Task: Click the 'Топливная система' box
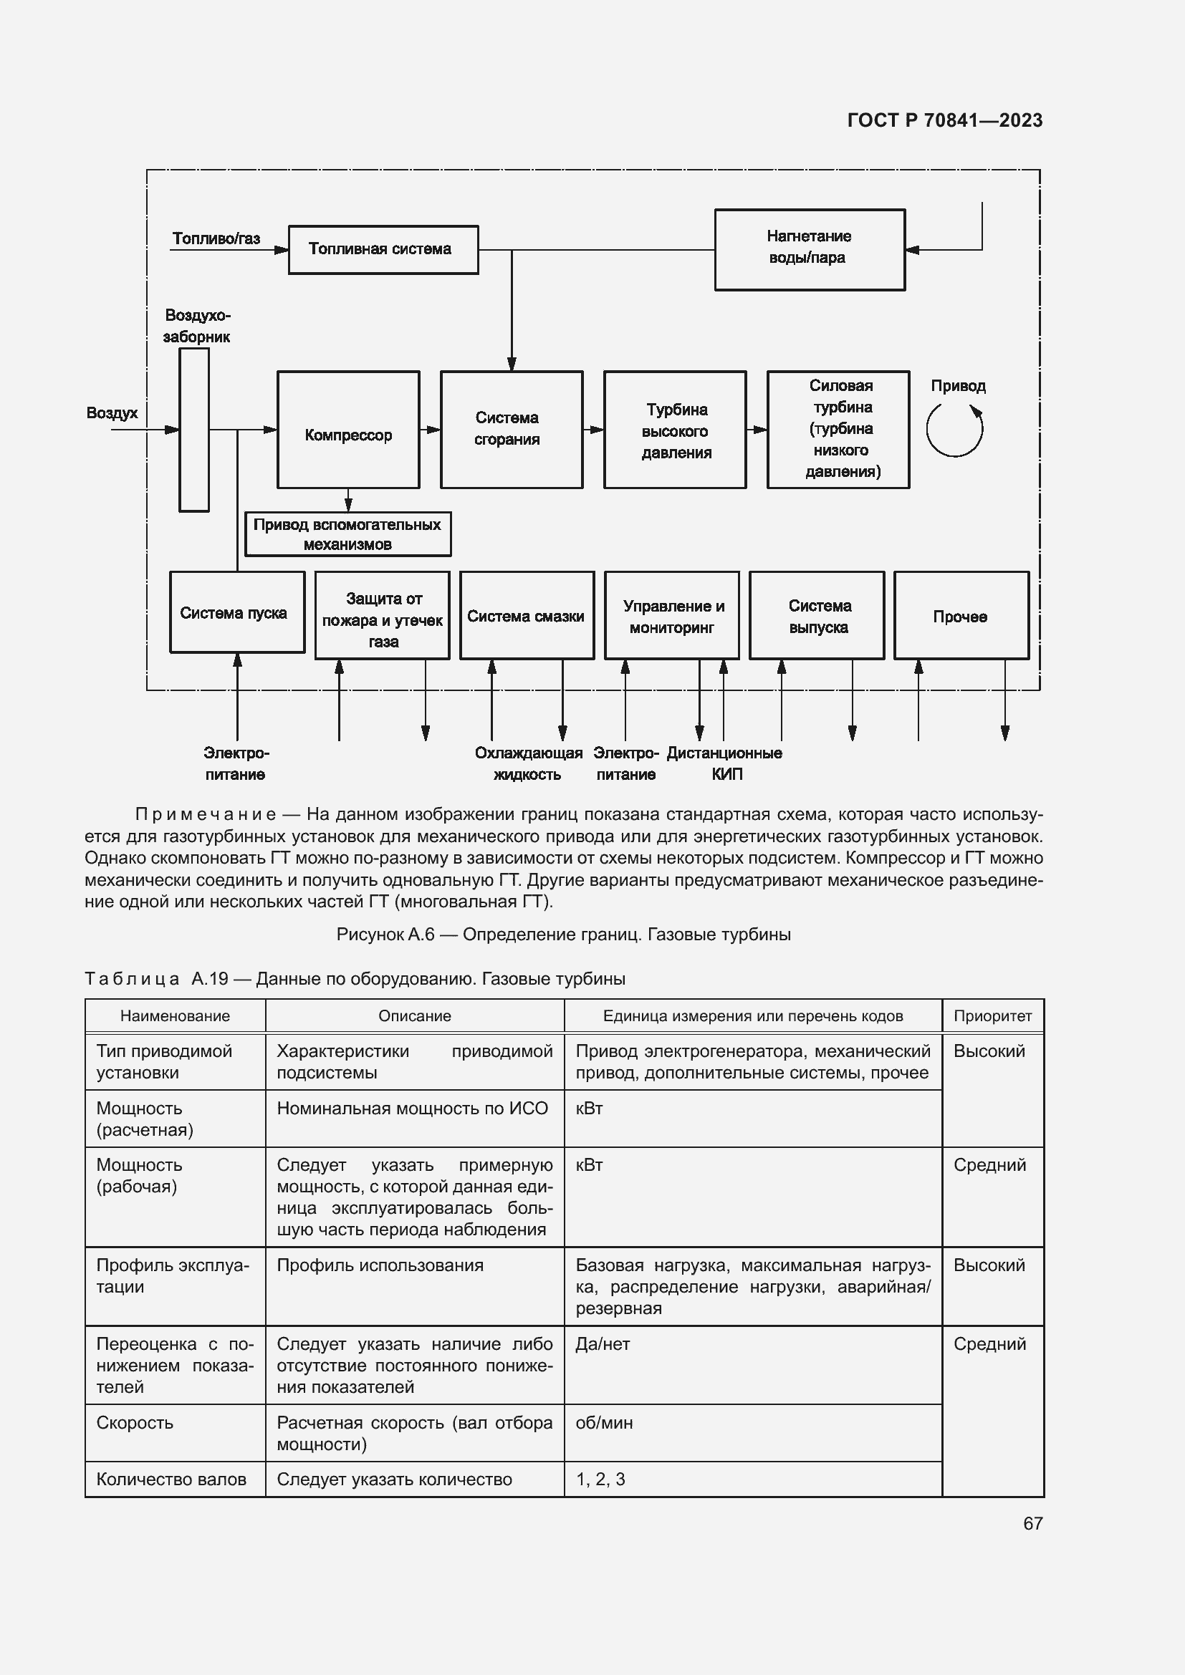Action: coord(383,249)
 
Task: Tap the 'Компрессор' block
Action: coord(348,430)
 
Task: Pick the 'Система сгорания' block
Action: coord(511,430)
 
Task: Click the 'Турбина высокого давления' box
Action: coord(674,430)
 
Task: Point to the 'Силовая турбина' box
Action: coord(838,430)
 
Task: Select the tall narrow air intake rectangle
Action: coord(194,430)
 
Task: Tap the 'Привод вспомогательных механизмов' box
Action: coord(347,534)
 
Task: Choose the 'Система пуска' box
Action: coord(236,612)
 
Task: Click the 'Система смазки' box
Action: coord(527,616)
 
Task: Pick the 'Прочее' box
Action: coord(961,616)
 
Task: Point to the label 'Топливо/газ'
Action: coord(216,238)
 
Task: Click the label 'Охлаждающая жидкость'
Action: coord(528,763)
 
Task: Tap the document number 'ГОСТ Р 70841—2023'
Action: coord(944,120)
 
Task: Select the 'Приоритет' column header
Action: coord(992,1015)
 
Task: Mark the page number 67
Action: coord(1032,1523)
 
